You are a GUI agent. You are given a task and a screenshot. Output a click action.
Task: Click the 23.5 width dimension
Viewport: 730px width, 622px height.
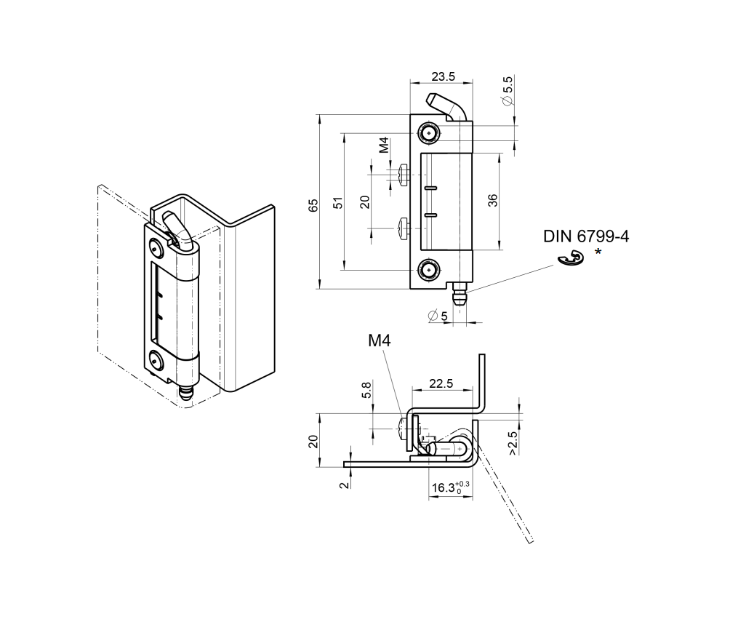tap(442, 76)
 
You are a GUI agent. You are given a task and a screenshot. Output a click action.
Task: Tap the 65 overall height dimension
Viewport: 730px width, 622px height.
tap(313, 205)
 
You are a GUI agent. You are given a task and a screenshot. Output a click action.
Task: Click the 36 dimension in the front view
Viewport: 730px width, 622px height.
tap(492, 202)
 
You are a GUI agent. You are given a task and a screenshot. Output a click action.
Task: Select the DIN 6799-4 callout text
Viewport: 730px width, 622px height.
tap(585, 236)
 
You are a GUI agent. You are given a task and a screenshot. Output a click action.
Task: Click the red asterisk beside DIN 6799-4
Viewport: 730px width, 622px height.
tap(598, 252)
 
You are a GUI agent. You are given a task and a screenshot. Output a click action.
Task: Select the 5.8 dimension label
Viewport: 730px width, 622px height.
tap(366, 390)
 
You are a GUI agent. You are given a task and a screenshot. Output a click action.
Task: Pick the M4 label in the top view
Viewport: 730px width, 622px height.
tap(380, 340)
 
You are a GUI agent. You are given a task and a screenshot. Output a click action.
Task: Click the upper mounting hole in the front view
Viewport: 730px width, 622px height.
tap(428, 133)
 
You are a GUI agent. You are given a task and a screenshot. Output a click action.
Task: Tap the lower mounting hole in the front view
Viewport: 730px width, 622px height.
tap(428, 271)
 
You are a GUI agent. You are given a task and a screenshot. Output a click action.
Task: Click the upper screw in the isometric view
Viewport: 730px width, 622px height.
tap(156, 247)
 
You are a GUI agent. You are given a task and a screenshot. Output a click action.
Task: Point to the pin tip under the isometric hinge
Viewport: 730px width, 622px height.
tap(187, 395)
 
